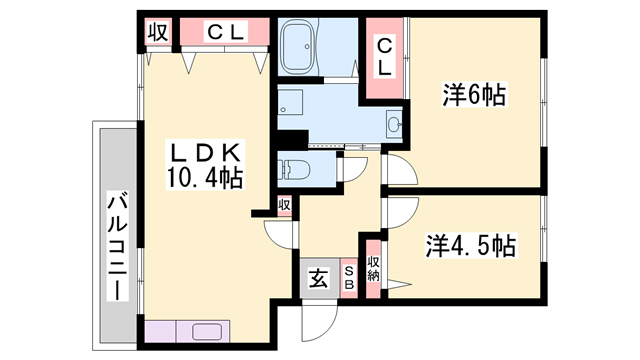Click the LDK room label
pyautogui.click(x=205, y=153)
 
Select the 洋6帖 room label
pyautogui.click(x=474, y=96)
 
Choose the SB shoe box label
pyautogui.click(x=350, y=277)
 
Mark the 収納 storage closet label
pyautogui.click(x=374, y=267)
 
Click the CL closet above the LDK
pyautogui.click(x=224, y=32)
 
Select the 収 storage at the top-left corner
pyautogui.click(x=157, y=32)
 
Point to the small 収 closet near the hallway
pyautogui.click(x=285, y=205)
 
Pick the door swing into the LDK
pyautogui.click(x=281, y=231)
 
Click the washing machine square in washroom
pyautogui.click(x=291, y=102)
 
